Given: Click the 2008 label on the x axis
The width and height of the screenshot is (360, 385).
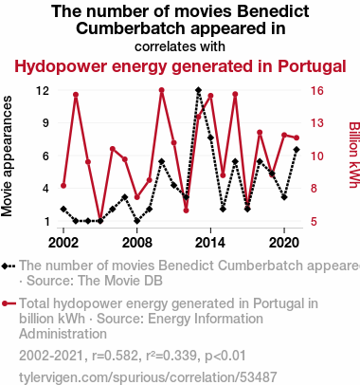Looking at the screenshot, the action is [137, 243].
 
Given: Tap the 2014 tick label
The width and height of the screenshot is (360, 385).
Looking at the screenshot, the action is [210, 243].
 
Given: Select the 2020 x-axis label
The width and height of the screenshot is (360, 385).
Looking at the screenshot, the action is [284, 243].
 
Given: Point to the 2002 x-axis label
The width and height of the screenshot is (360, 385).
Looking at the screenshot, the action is [63, 243].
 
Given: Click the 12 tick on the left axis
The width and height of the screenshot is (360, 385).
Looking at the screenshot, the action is [43, 91].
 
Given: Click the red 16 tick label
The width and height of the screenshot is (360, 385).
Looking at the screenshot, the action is [317, 91].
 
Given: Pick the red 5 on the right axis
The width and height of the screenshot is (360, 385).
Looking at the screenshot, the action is [314, 222].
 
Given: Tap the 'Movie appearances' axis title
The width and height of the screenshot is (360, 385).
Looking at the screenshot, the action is [7, 156].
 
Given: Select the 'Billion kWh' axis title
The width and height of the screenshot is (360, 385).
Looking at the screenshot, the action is [354, 155].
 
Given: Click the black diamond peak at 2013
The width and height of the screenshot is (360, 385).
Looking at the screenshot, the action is [198, 90].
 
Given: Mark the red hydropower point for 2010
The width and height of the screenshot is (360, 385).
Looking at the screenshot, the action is [162, 90].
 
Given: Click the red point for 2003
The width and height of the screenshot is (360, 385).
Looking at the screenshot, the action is [76, 95].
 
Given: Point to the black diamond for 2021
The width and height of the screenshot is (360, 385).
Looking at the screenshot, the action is [297, 150].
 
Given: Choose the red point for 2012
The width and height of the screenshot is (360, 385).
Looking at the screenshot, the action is [186, 211].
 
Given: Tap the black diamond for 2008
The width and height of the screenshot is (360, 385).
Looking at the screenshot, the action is [137, 221].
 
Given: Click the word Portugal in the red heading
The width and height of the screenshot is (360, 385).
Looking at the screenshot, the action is [312, 66].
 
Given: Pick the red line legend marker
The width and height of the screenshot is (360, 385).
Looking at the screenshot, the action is [9, 303].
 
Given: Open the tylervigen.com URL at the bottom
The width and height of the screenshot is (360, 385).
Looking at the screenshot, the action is [148, 377].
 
